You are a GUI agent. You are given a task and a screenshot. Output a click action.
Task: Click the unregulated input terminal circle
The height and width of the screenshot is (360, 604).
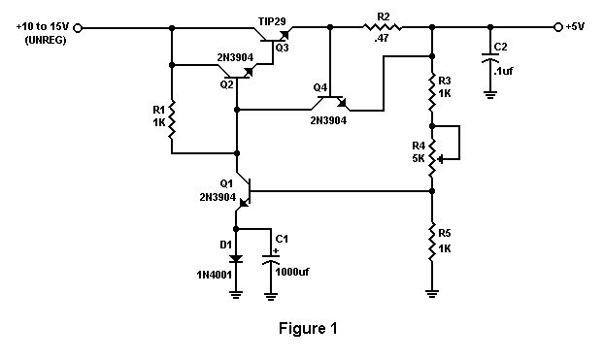[78, 28]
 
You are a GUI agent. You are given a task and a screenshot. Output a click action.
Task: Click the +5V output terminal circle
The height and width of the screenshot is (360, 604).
[557, 27]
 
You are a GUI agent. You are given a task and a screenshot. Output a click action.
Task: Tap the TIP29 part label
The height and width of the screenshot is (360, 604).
[272, 21]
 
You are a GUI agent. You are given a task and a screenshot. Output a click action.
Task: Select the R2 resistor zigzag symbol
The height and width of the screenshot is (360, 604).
[383, 27]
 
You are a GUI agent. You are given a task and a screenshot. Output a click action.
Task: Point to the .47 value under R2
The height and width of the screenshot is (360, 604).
[382, 38]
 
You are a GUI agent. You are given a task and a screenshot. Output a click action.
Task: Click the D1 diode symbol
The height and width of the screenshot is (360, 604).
[236, 259]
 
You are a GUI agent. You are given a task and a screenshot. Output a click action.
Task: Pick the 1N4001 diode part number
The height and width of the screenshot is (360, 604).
[215, 275]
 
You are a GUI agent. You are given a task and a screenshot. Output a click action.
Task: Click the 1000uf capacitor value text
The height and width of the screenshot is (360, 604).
[292, 273]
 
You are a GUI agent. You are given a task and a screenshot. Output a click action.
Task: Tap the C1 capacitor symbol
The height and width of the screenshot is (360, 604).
[271, 259]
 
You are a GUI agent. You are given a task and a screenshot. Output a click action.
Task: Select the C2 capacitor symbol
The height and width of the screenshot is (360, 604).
[490, 58]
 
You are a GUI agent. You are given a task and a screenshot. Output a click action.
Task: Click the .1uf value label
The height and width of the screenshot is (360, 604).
[503, 71]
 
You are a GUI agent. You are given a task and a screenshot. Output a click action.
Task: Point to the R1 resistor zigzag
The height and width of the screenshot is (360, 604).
[172, 119]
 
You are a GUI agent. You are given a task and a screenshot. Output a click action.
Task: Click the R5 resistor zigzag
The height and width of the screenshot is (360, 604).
[432, 242]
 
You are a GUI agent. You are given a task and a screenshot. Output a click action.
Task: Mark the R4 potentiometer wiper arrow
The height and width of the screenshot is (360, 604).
[441, 159]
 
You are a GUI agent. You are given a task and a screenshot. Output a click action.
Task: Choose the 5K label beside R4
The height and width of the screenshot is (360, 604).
[419, 158]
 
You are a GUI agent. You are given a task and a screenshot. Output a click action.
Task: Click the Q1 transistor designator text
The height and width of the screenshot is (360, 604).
[226, 183]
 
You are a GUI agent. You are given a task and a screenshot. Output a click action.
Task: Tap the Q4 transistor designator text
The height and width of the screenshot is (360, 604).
[320, 87]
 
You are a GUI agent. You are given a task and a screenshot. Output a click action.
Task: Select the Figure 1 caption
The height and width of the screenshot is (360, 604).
[308, 328]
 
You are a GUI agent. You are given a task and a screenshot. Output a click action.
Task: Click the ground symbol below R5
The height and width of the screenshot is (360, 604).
[432, 294]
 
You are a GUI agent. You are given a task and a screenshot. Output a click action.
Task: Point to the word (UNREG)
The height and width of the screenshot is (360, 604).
[46, 40]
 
